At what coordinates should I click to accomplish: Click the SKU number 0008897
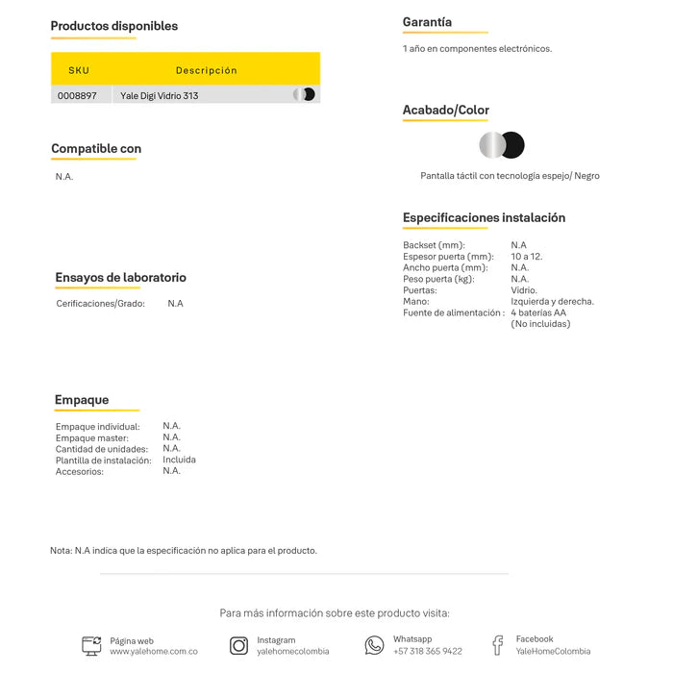[77, 95]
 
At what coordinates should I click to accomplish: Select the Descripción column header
[206, 70]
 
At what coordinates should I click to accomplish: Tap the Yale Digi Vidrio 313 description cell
[160, 95]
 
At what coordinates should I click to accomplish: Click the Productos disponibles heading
[113, 26]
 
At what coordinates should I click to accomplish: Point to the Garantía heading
[427, 22]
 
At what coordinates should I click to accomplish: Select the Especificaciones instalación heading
[484, 217]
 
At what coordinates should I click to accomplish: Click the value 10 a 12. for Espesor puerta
[527, 257]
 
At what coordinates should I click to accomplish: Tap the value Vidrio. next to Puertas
[524, 290]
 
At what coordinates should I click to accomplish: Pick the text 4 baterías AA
[538, 312]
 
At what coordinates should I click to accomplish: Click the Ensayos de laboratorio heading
[120, 278]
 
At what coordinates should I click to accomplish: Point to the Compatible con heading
[96, 149]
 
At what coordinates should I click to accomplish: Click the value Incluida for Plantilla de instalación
[179, 460]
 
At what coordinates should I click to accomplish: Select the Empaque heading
[82, 400]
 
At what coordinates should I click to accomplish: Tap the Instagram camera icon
[238, 646]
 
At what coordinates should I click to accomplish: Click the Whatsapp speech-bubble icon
[374, 645]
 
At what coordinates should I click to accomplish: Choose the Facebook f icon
[497, 645]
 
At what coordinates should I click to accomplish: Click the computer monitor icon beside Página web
[91, 646]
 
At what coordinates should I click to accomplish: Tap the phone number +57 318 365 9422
[427, 652]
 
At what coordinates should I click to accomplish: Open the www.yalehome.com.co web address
[154, 652]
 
